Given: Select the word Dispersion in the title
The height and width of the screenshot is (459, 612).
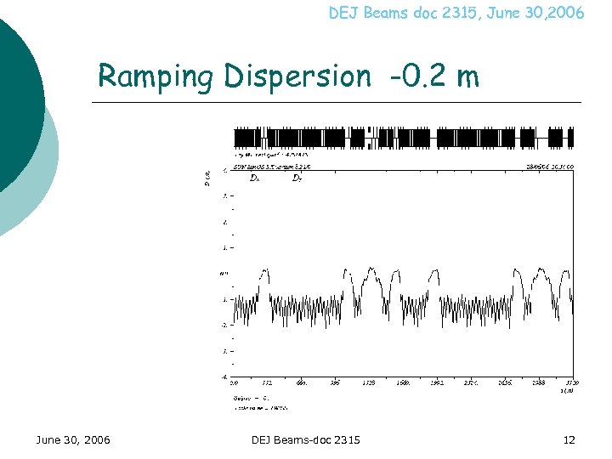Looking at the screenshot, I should coord(297,76).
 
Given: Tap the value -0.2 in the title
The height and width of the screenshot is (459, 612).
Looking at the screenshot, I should coord(417,76).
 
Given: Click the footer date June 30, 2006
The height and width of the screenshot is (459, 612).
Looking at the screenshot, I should coord(72,439).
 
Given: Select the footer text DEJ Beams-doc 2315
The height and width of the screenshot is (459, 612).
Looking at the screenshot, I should coord(306,439).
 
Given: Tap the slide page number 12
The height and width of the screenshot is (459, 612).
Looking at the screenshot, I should coord(569,439).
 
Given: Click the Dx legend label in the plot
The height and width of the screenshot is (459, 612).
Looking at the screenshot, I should coord(254,178).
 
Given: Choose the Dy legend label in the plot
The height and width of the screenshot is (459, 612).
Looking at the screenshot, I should coord(297,178).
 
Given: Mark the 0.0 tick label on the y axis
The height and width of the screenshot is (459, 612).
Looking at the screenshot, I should coord(224,273).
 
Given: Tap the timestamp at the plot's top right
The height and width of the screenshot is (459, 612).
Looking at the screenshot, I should coord(551,167).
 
